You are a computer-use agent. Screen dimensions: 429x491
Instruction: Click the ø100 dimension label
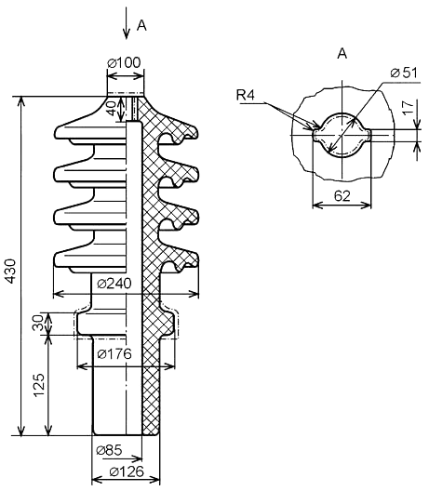click(x=124, y=62)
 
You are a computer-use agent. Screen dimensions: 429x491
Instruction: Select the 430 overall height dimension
click(x=10, y=272)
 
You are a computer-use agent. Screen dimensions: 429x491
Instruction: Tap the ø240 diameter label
click(x=114, y=284)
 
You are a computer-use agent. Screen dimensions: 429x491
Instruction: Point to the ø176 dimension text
click(x=114, y=354)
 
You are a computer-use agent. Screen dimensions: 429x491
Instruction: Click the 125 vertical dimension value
click(x=40, y=386)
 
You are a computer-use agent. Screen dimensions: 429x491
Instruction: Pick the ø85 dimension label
click(x=109, y=450)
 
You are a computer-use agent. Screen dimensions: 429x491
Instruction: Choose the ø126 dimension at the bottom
click(x=127, y=471)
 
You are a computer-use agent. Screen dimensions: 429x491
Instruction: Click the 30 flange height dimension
click(x=37, y=323)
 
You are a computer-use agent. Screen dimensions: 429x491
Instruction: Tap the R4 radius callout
click(x=246, y=95)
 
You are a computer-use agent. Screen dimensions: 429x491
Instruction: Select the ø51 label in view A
click(x=404, y=73)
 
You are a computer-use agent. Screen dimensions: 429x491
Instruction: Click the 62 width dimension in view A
click(x=342, y=196)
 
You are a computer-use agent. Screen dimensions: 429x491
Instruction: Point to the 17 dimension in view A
click(x=409, y=108)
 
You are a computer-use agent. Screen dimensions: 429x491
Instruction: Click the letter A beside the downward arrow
click(x=141, y=26)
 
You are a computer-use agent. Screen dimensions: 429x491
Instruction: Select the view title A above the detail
click(x=342, y=54)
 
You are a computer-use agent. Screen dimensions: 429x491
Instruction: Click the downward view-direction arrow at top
click(x=127, y=23)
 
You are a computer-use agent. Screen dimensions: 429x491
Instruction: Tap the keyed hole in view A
click(x=342, y=135)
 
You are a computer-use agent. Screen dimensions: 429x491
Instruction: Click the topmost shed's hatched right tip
click(x=192, y=131)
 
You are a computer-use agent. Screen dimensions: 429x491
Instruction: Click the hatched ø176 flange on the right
click(x=166, y=324)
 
